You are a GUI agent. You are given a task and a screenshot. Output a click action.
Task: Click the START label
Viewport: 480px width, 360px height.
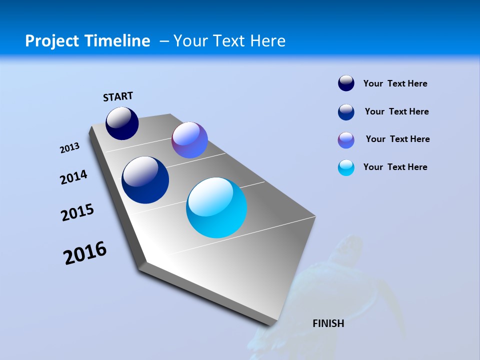click(118, 96)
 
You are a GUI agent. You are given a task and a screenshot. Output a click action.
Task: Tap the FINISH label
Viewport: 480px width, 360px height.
click(328, 323)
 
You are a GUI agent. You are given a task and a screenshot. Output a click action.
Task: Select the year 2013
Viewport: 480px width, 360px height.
click(70, 148)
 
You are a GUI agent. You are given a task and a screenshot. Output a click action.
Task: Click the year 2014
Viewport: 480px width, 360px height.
click(73, 177)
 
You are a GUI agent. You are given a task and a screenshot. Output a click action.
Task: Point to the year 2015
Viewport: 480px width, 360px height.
click(77, 212)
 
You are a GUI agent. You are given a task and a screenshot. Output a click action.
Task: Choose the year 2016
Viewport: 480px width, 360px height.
click(85, 253)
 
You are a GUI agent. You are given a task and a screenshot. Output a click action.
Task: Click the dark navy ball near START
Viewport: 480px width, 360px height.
click(122, 123)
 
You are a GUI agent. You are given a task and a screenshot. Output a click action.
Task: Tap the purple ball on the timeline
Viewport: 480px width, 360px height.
click(189, 140)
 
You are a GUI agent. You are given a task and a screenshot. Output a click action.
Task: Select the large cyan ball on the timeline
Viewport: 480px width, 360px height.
click(216, 207)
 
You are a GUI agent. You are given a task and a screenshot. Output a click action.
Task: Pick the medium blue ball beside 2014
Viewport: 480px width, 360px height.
click(145, 180)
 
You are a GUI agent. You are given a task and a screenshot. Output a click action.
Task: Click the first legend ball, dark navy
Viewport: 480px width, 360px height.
click(346, 83)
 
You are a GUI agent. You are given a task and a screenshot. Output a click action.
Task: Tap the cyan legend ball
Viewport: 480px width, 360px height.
click(346, 167)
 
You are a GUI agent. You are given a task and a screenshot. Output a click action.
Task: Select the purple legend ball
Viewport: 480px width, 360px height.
click(346, 140)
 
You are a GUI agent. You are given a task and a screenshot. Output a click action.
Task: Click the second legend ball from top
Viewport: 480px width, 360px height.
click(346, 112)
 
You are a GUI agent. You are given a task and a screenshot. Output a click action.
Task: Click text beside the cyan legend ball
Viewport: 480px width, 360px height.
click(395, 167)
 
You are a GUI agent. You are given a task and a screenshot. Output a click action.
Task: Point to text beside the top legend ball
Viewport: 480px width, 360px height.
click(395, 83)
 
